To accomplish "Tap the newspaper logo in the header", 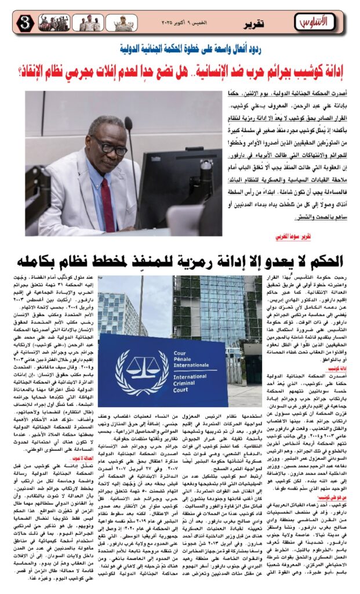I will point(314,22).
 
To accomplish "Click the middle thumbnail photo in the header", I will point(88,23).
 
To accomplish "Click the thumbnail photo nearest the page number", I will point(54,23).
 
